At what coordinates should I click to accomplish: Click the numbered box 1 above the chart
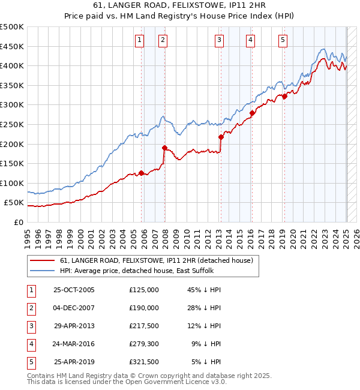(x=139, y=40)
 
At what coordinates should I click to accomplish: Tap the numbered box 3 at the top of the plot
(x=220, y=40)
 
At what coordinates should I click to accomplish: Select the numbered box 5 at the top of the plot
(x=283, y=40)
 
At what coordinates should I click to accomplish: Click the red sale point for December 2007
(x=164, y=147)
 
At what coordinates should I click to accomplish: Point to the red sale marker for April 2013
(x=221, y=137)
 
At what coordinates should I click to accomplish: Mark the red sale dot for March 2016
(x=252, y=112)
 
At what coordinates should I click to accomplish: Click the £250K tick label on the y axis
(x=12, y=124)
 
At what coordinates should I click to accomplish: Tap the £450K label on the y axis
(x=12, y=46)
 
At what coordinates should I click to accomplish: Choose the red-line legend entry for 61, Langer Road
(x=157, y=260)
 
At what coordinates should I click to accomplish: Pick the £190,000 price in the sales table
(x=144, y=308)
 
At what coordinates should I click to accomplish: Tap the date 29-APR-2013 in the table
(x=74, y=326)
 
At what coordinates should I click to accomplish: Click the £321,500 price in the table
(x=144, y=362)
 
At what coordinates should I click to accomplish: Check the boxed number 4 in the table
(x=30, y=344)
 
